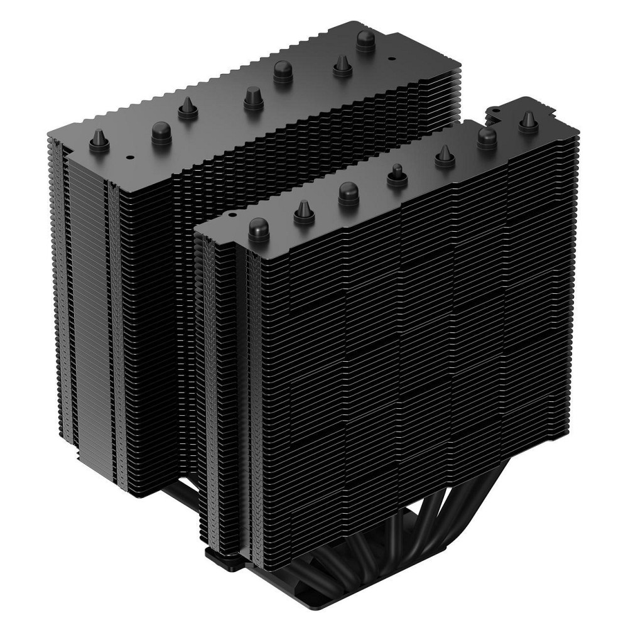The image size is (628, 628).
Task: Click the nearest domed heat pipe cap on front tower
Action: pyautogui.click(x=259, y=229)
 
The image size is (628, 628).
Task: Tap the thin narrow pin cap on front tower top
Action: pyautogui.click(x=397, y=175)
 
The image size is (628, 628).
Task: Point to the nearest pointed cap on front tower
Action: pyautogui.click(x=303, y=212)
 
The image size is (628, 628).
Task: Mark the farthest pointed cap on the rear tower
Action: pyautogui.click(x=342, y=64)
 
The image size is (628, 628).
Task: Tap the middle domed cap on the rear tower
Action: pyautogui.click(x=283, y=74)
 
